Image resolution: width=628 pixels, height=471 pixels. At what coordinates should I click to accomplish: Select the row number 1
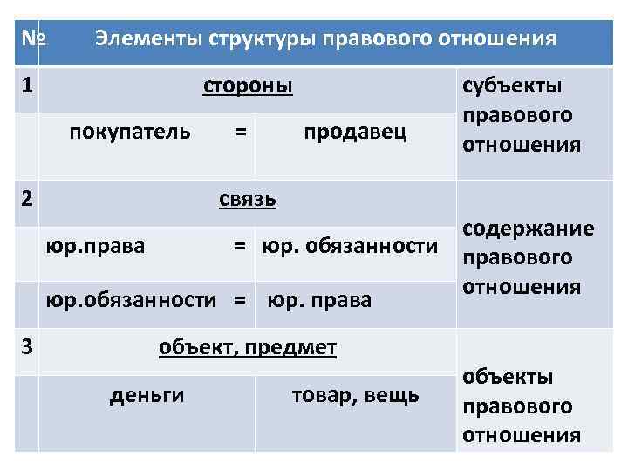coord(28,86)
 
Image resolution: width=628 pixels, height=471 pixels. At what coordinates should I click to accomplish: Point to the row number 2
coord(28,198)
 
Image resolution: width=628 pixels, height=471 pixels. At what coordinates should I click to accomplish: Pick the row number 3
coord(28,346)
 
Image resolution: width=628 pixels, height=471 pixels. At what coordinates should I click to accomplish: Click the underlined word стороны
coord(248,86)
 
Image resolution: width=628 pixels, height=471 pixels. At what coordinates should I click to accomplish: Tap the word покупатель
coord(130,132)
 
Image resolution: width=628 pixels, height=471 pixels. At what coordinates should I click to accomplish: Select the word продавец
coord(355,132)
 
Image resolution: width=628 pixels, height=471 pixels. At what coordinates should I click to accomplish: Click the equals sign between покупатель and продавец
coord(240,132)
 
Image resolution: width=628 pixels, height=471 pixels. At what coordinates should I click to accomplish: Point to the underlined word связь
coord(248,198)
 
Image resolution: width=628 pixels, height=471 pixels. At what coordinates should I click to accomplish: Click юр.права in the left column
coord(95,246)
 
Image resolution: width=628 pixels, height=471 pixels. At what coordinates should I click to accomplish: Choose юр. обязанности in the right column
coord(349,246)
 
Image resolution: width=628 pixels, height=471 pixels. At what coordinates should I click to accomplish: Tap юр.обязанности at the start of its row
coord(130,300)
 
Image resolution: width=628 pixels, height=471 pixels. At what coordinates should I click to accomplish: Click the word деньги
coord(147,395)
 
